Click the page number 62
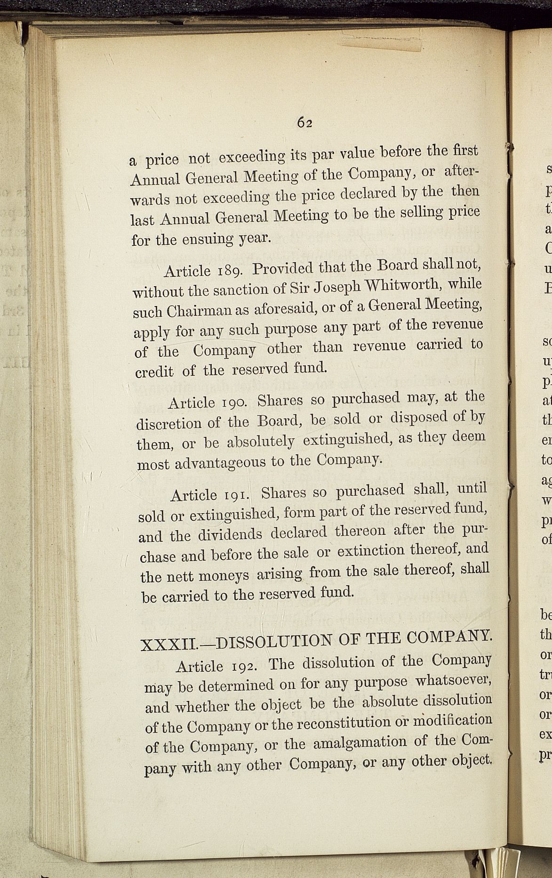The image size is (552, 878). [x=305, y=122]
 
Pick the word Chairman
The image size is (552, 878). [x=203, y=311]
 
